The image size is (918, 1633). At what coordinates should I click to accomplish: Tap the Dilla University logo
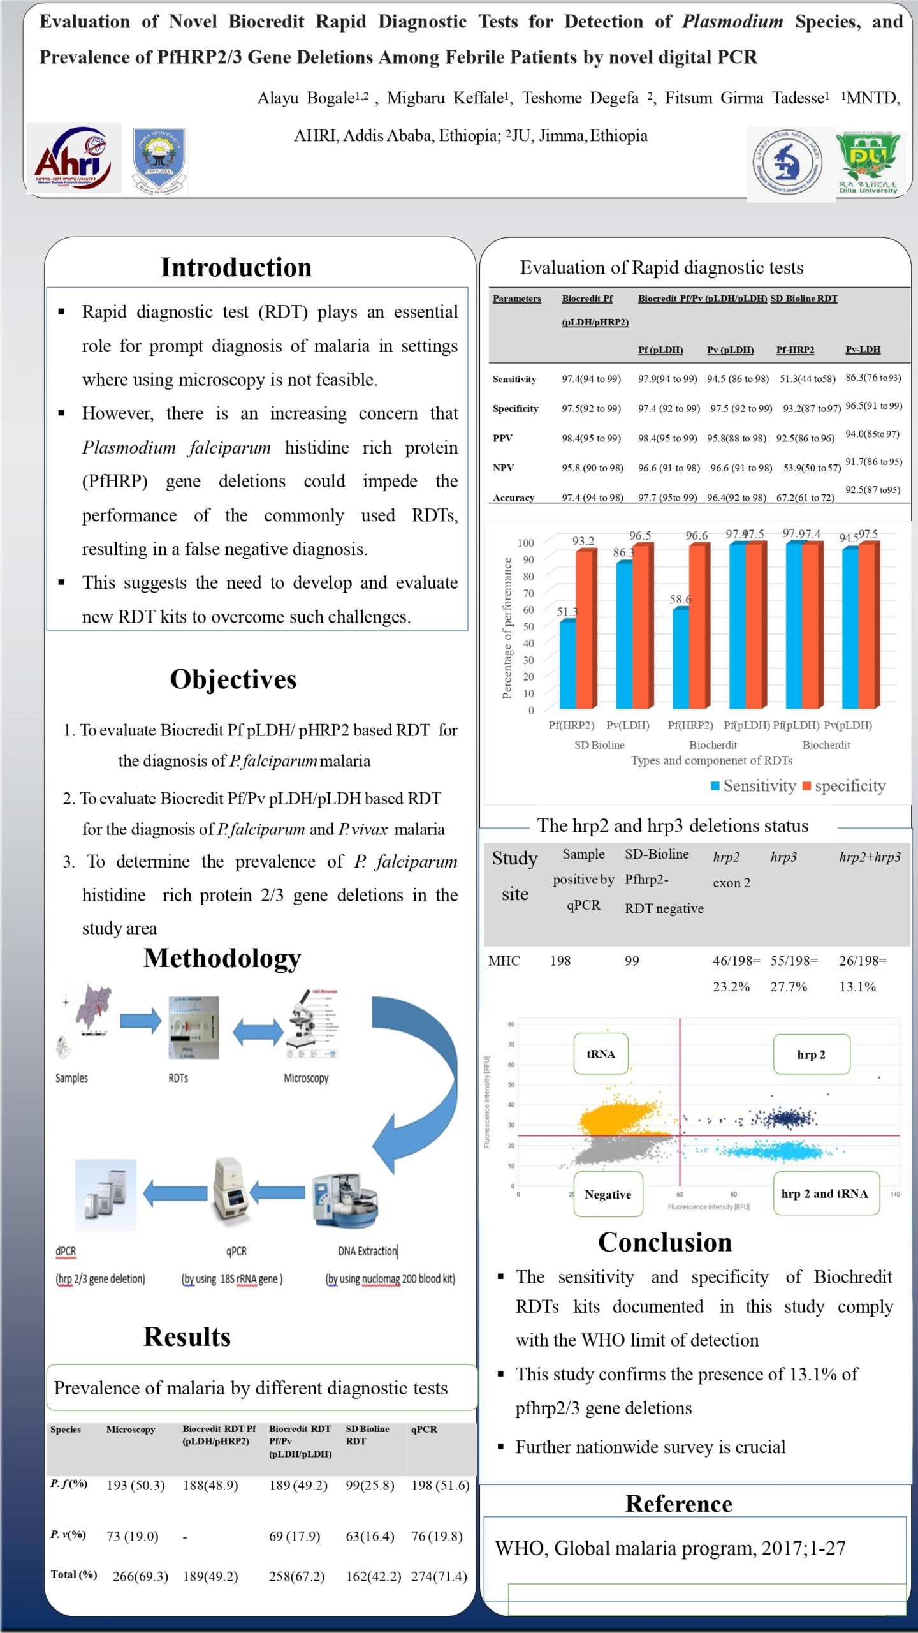(868, 163)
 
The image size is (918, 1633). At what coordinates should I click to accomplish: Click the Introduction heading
(236, 268)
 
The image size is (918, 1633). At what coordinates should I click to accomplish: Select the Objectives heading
(233, 679)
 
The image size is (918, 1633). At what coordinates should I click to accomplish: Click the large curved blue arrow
(418, 1078)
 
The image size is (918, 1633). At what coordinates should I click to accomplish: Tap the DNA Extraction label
(367, 1251)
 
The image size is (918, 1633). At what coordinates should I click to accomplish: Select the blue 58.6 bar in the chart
(681, 658)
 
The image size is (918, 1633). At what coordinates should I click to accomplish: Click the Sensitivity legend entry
(754, 786)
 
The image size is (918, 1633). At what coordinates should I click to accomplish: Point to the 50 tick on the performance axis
(528, 626)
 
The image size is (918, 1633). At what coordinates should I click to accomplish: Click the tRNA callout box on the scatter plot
(601, 1054)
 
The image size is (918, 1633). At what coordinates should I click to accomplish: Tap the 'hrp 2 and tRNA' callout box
(825, 1193)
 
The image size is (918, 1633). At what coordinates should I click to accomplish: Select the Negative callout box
(608, 1194)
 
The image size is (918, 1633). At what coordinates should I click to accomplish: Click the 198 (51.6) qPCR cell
(440, 1486)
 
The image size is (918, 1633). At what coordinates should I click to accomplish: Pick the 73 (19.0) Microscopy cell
(132, 1536)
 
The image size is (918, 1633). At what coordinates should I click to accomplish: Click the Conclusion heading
(665, 1243)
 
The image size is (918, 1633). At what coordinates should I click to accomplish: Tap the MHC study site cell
(504, 961)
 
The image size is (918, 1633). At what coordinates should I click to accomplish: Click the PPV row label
(502, 438)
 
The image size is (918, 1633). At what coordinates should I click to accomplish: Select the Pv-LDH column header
(863, 350)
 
